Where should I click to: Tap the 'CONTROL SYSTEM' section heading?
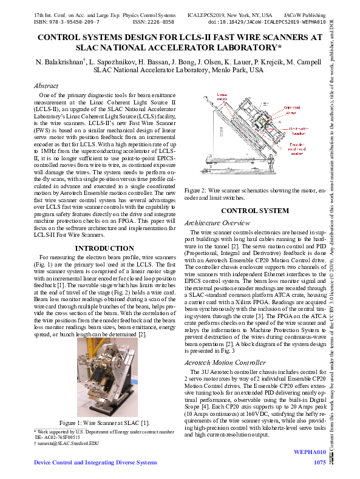click(254, 211)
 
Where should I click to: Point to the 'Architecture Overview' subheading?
click(217, 223)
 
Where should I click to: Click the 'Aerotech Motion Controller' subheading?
click(225, 362)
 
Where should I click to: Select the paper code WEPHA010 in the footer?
click(310, 452)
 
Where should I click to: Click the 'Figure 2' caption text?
click(254, 193)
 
